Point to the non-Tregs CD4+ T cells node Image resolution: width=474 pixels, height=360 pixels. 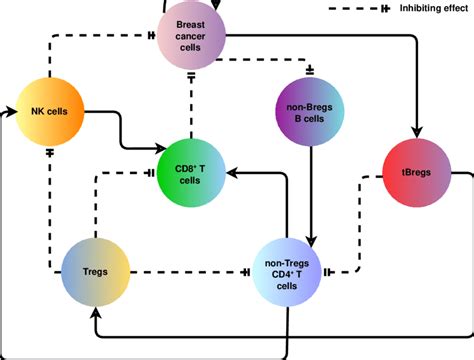(x=287, y=272)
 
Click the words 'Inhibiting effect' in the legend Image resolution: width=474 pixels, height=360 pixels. (x=427, y=9)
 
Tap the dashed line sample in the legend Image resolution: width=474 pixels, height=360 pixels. (x=355, y=9)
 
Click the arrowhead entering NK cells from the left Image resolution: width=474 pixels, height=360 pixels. (x=12, y=108)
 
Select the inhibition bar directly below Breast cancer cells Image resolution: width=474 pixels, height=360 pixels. (x=189, y=75)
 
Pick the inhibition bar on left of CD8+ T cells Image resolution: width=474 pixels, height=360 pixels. (x=151, y=172)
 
